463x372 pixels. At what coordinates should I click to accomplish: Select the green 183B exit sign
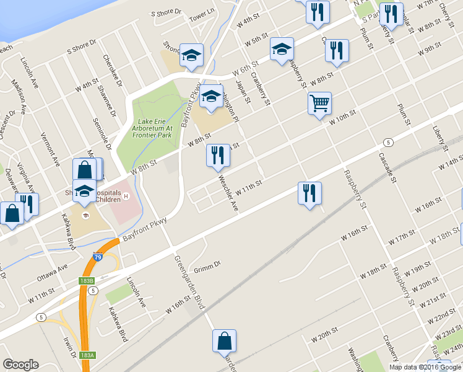click(x=87, y=281)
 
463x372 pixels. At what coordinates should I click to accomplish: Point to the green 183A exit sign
click(x=87, y=355)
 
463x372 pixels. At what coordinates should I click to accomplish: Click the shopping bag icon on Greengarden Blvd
click(x=224, y=342)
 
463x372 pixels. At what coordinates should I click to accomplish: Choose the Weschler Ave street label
click(x=228, y=192)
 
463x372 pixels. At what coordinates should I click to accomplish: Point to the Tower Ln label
click(x=201, y=15)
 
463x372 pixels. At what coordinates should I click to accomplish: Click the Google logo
click(x=20, y=365)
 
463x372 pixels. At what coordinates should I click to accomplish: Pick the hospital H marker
click(x=126, y=197)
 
